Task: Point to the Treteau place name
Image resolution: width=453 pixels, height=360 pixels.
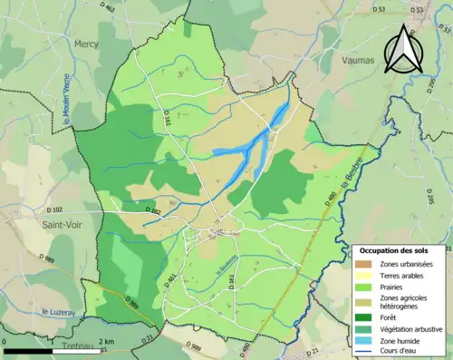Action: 82,348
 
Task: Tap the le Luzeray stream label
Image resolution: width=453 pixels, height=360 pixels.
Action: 57,312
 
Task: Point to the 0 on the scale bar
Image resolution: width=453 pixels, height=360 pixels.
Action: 6,341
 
